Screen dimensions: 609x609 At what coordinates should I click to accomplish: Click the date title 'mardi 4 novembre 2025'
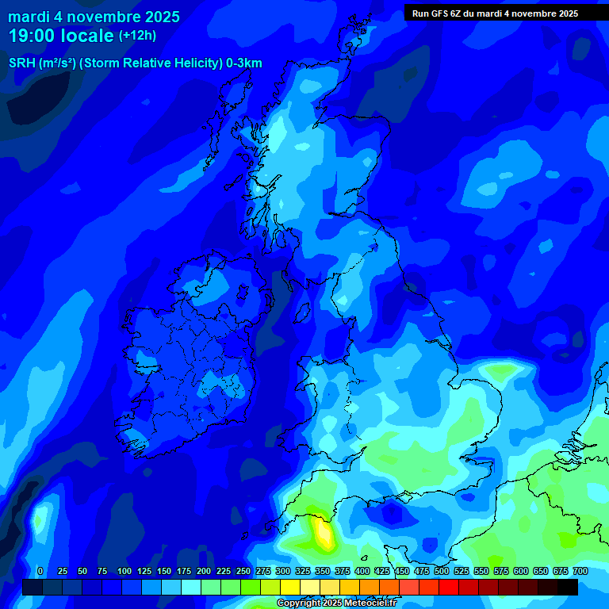(x=94, y=17)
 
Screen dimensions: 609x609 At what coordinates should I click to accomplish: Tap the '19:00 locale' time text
(x=61, y=36)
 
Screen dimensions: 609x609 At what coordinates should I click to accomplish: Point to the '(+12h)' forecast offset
(x=137, y=36)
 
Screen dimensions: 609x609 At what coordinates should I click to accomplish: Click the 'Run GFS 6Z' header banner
(x=495, y=13)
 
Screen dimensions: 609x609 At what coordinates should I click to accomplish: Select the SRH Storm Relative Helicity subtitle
(x=135, y=63)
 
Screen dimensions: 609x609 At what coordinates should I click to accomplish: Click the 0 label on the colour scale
(x=40, y=571)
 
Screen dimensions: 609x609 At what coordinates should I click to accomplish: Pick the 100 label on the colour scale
(x=124, y=571)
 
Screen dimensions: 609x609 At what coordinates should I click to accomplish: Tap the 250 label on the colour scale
(x=243, y=571)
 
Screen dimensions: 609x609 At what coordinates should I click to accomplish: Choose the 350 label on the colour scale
(x=322, y=571)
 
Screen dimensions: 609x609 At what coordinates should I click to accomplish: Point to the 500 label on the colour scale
(x=441, y=571)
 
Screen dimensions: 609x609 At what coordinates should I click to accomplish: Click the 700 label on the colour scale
(x=580, y=571)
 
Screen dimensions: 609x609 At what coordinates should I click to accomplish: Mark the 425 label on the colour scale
(x=381, y=571)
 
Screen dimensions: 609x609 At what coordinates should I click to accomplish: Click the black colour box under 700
(x=568, y=588)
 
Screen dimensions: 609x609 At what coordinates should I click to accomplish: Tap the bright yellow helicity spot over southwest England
(x=324, y=533)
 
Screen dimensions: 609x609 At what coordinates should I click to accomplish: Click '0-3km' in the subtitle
(x=244, y=63)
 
